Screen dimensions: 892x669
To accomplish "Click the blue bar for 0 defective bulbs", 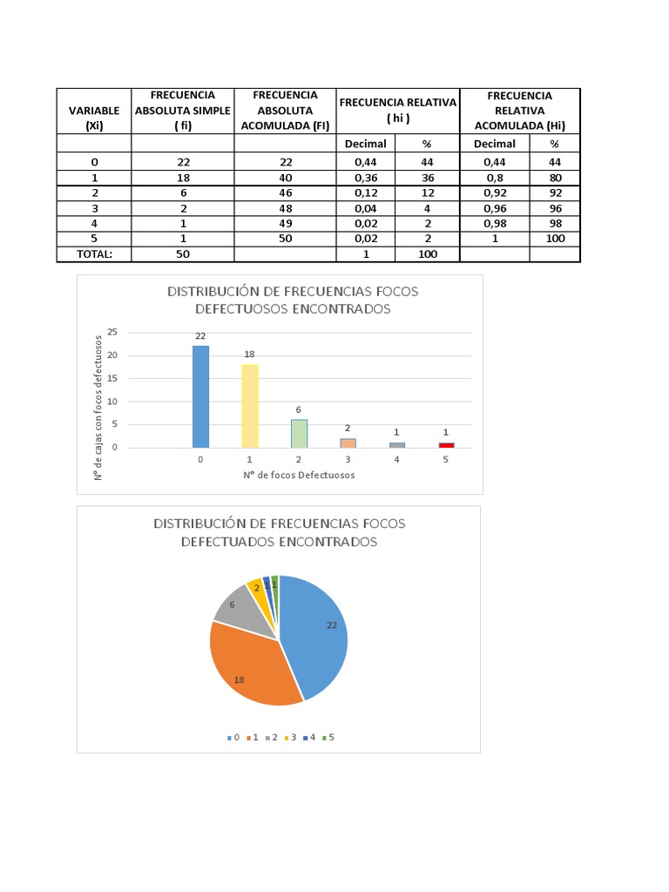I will click(x=200, y=396).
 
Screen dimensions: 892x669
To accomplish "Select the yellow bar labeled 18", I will click(x=250, y=406).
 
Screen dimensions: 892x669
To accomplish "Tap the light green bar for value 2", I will click(x=299, y=434).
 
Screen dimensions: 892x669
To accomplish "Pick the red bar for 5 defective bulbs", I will click(x=446, y=445).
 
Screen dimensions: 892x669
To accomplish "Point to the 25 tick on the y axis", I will click(x=111, y=333).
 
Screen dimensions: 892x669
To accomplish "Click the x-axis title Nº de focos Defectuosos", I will click(x=299, y=475).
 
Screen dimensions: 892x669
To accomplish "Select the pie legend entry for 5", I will click(x=328, y=737).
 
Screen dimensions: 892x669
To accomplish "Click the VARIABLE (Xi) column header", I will click(x=94, y=118).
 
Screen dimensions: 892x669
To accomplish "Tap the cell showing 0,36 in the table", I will click(x=366, y=178).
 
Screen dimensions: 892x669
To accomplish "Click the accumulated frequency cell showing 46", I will click(x=285, y=193).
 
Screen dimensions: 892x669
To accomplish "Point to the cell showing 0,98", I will click(x=494, y=223).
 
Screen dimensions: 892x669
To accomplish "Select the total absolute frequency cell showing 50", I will click(x=182, y=253).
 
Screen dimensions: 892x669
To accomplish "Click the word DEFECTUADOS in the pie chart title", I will click(x=230, y=541).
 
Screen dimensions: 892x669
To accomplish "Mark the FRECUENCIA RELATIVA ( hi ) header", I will click(x=398, y=110).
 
